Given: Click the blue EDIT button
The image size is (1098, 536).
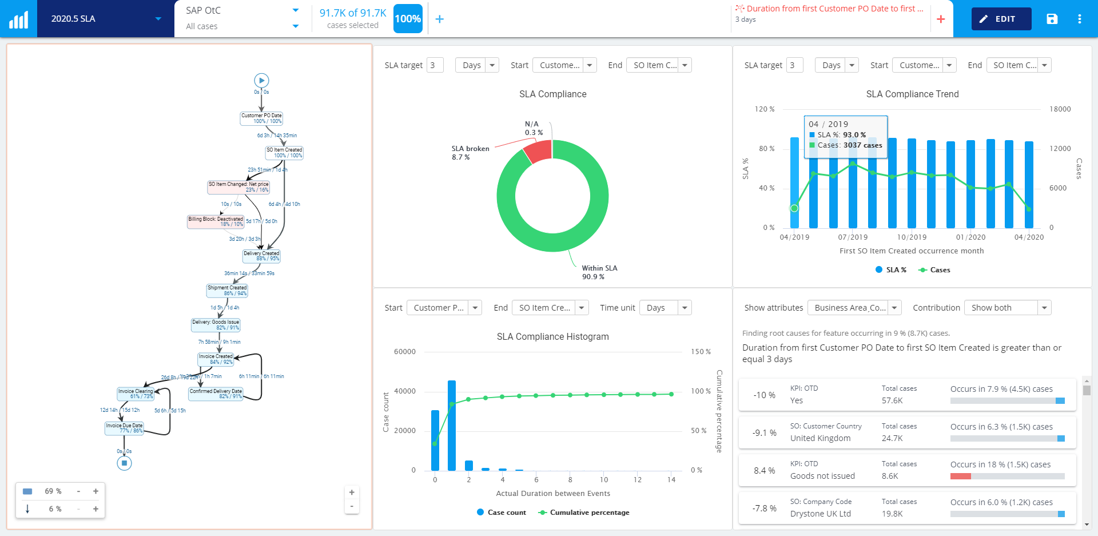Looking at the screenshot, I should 1001,19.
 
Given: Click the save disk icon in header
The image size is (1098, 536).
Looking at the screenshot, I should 1052,19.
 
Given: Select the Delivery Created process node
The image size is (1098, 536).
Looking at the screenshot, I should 261,256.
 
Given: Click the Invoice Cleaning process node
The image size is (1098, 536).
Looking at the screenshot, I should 136,394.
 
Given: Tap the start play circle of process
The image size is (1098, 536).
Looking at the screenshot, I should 261,81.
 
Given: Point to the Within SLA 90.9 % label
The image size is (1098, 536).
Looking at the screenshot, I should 599,272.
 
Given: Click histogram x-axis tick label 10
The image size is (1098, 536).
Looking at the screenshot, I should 603,480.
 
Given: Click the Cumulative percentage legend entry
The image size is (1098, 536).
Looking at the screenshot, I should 589,513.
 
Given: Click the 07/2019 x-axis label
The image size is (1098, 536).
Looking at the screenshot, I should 853,237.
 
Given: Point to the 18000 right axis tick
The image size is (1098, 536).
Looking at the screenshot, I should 1060,109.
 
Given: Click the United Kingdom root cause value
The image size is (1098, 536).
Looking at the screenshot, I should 820,438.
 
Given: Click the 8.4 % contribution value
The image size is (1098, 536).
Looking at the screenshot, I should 764,470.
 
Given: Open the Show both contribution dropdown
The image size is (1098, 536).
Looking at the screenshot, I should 1008,308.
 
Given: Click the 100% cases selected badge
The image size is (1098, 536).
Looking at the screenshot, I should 408,19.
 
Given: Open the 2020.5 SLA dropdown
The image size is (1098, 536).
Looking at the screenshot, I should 105,19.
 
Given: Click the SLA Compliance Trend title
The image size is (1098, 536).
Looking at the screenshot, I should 912,94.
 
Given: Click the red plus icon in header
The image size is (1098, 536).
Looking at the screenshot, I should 941,19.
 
